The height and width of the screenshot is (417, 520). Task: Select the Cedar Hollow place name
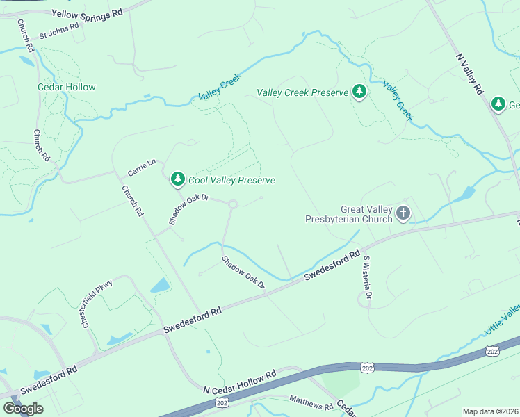66,87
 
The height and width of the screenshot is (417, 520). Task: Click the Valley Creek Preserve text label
302,92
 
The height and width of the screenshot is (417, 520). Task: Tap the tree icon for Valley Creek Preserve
359,91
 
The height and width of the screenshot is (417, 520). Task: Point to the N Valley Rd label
469,74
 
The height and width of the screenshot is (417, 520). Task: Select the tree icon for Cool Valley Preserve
178,179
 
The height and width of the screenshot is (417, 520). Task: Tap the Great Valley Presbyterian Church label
349,214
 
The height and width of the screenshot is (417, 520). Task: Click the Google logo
23,409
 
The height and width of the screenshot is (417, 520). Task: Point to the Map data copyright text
490,411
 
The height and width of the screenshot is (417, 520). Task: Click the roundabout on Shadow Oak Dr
232,204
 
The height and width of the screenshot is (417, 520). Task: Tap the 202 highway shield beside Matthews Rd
222,402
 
